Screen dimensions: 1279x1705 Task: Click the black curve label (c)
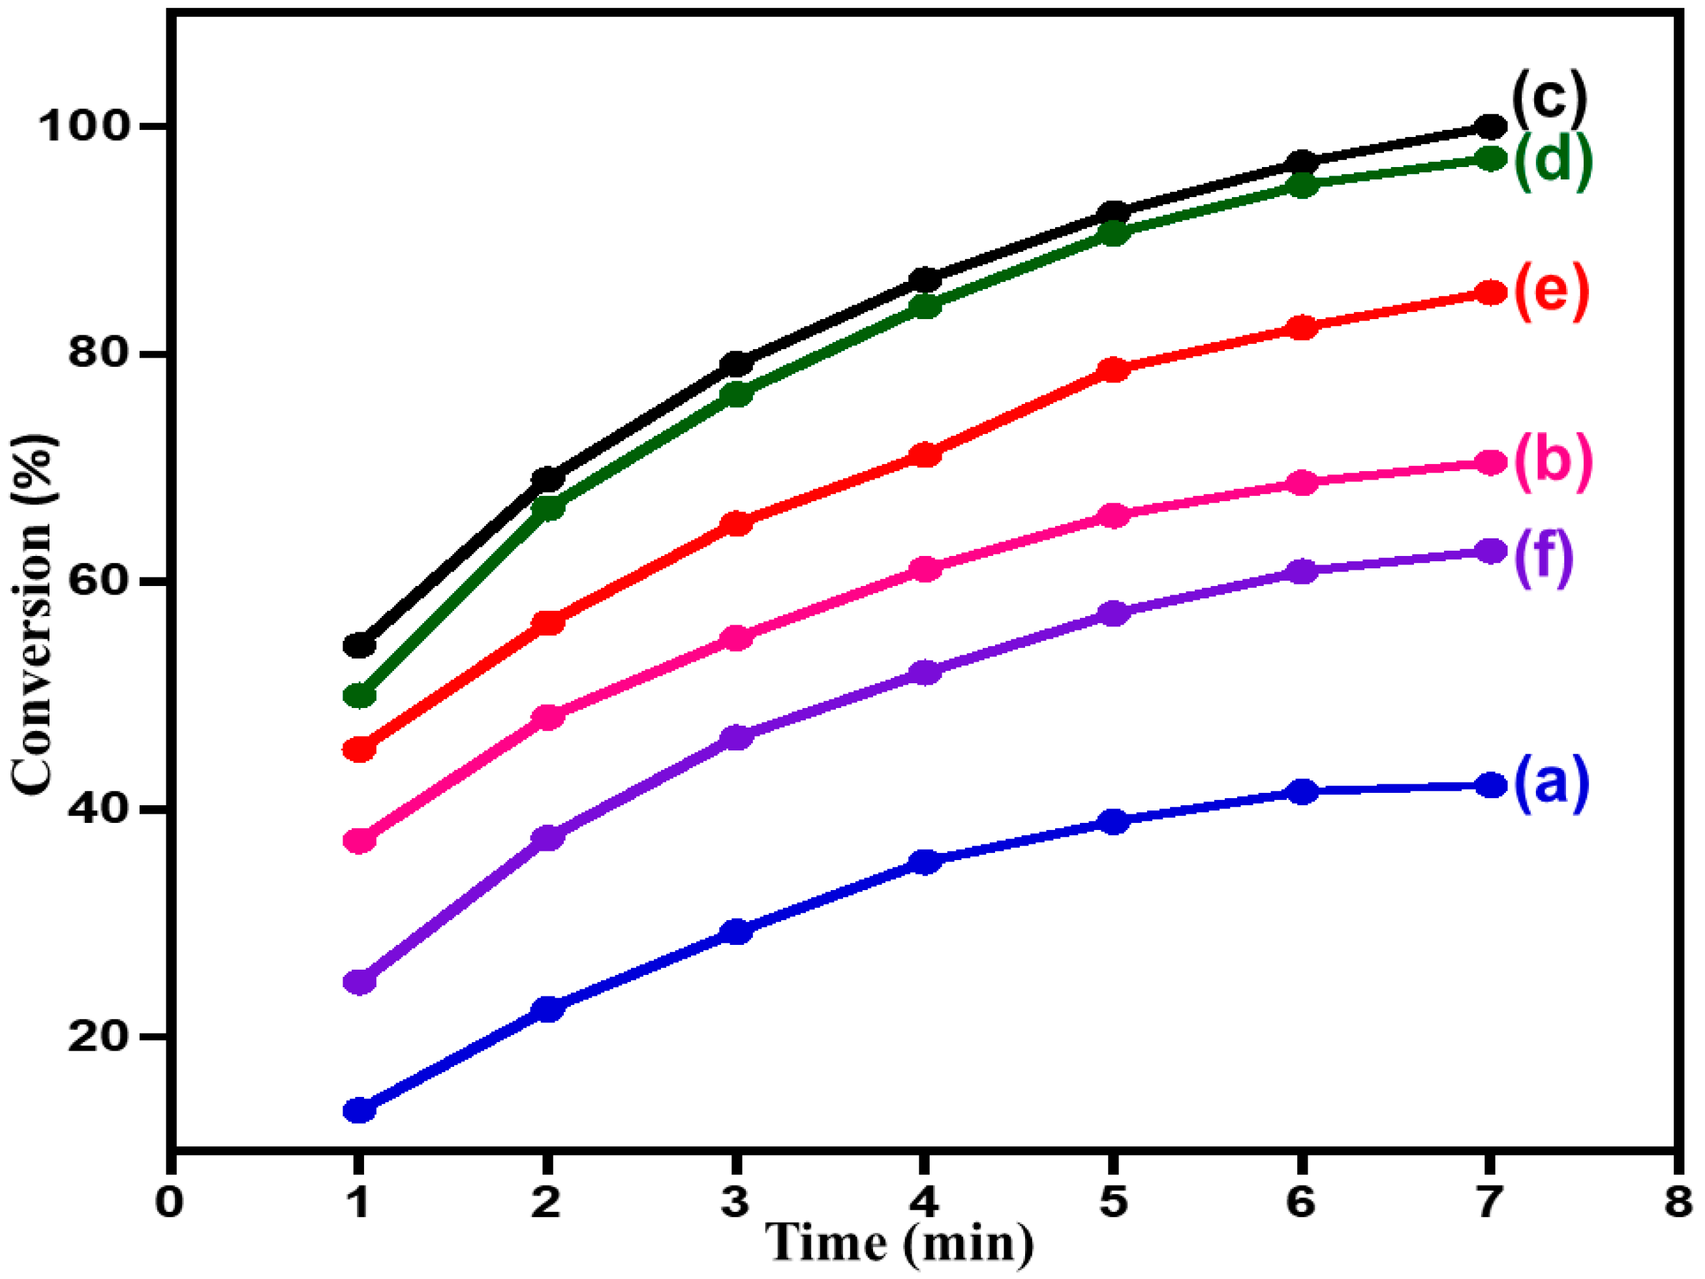click(x=1549, y=100)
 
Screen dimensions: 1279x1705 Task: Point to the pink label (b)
click(x=1552, y=462)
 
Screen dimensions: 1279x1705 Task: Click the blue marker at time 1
click(x=359, y=1110)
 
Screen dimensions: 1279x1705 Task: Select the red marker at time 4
click(x=925, y=455)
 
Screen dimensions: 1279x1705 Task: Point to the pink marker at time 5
click(x=1113, y=515)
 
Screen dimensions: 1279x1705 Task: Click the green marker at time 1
click(x=359, y=696)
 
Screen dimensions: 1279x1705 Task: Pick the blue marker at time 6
click(x=1302, y=791)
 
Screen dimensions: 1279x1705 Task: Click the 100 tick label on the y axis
click(x=82, y=126)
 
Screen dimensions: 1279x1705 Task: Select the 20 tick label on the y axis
click(x=97, y=1037)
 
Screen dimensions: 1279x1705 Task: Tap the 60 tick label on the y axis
click(x=97, y=581)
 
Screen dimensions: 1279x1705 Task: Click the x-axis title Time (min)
click(x=900, y=1242)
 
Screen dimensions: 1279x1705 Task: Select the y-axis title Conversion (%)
click(x=34, y=613)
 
